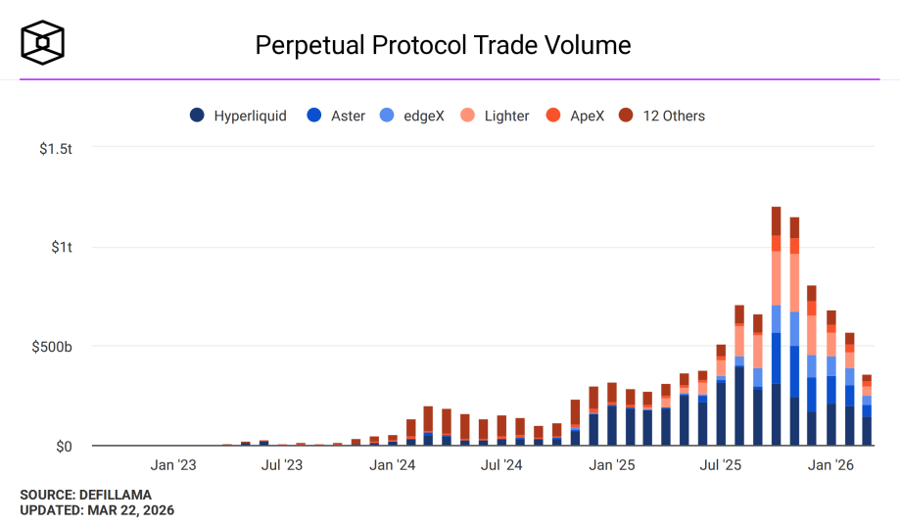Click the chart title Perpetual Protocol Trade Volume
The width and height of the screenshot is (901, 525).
pos(443,45)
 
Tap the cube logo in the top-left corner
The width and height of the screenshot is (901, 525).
pos(43,42)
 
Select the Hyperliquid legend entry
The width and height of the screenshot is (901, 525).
pos(240,116)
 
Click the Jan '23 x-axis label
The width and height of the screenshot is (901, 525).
pos(173,465)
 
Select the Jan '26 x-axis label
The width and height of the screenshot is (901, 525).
pos(830,465)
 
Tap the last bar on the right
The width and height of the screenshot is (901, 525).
pos(867,411)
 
